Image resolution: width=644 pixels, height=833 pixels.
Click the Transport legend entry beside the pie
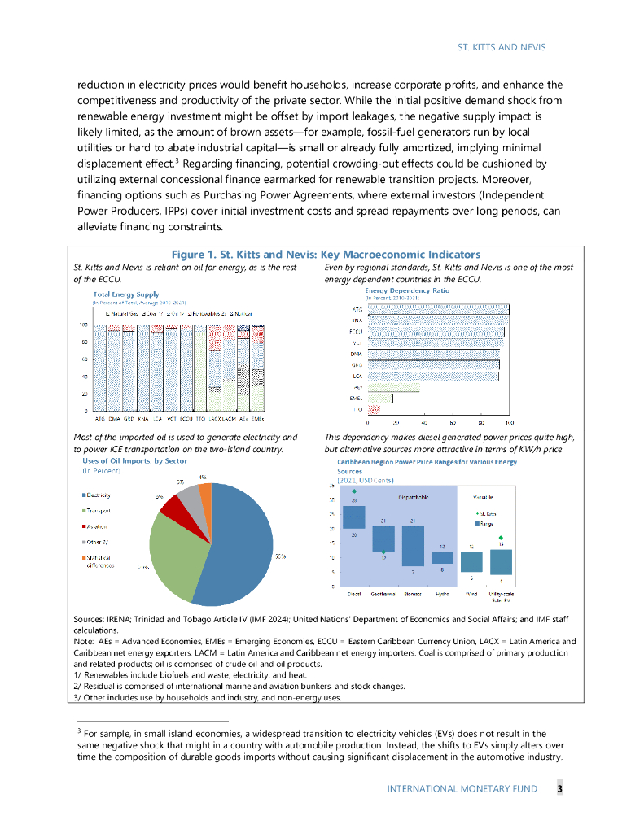click(x=98, y=510)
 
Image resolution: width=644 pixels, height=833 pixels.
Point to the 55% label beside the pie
click(x=280, y=556)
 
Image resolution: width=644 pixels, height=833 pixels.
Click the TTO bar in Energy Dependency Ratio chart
click(x=374, y=410)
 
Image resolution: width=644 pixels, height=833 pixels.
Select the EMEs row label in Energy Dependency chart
click(x=356, y=399)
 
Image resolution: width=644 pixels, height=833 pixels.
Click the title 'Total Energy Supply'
click(x=126, y=294)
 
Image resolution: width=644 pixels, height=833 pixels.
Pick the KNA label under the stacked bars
click(x=143, y=418)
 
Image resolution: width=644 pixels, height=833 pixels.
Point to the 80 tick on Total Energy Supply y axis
click(x=83, y=342)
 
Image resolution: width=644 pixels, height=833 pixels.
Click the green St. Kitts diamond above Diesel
click(x=354, y=491)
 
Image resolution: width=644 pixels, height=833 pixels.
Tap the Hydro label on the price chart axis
click(x=442, y=594)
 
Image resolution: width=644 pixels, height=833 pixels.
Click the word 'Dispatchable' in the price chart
click(x=414, y=497)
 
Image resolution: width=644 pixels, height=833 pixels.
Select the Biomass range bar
click(x=413, y=546)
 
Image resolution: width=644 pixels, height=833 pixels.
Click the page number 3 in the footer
click(x=559, y=788)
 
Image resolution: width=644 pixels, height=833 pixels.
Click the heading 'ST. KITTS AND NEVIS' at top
click(x=502, y=48)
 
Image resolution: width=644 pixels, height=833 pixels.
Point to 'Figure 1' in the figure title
click(x=194, y=255)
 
